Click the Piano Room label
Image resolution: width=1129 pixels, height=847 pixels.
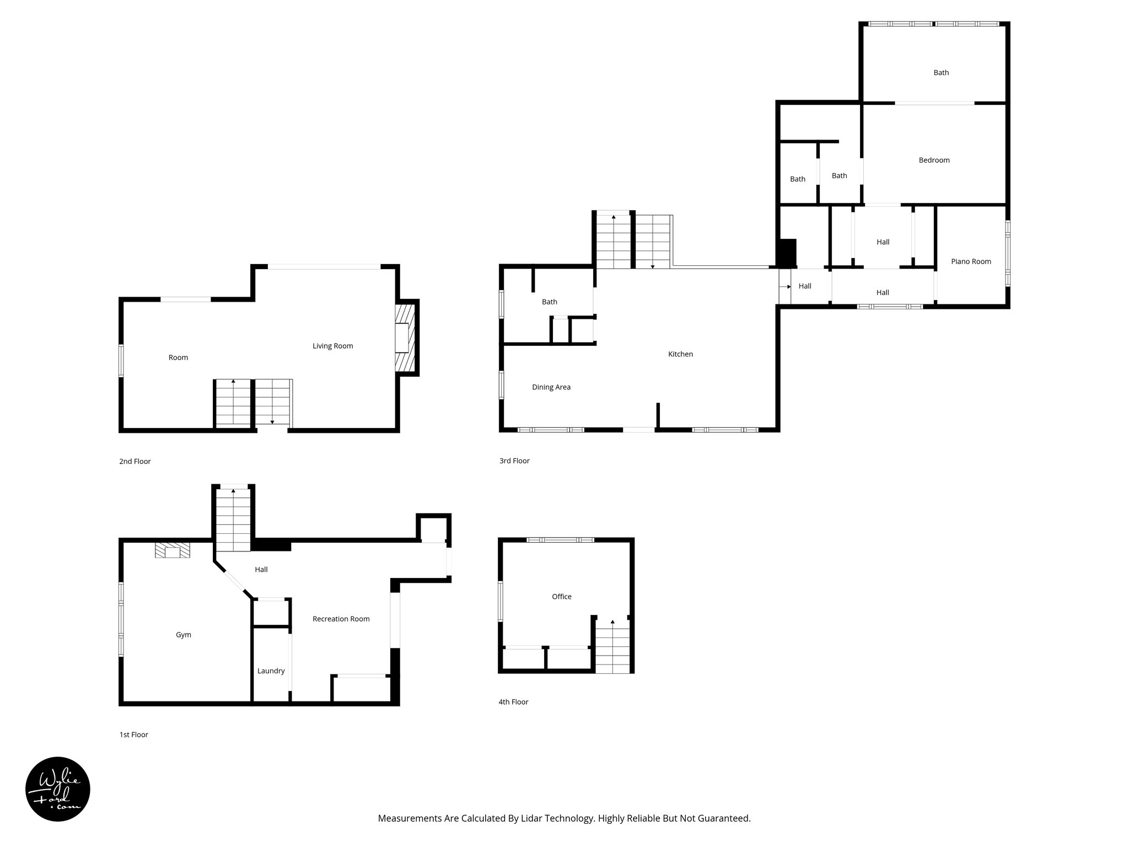pyautogui.click(x=971, y=261)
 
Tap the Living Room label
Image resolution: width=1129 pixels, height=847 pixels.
pyautogui.click(x=332, y=346)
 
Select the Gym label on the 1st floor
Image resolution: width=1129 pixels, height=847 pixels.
pyautogui.click(x=184, y=635)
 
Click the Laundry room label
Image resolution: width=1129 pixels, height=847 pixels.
pyautogui.click(x=271, y=671)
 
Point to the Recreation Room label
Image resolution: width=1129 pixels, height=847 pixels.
pyautogui.click(x=341, y=619)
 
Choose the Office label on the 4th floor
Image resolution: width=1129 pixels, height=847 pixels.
pyautogui.click(x=562, y=596)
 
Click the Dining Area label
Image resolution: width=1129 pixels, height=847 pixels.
pyautogui.click(x=551, y=387)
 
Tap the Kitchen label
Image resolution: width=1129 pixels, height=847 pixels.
pyautogui.click(x=680, y=354)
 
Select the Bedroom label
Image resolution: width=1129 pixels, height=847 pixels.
pyautogui.click(x=934, y=160)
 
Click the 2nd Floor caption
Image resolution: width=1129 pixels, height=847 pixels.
pyautogui.click(x=135, y=462)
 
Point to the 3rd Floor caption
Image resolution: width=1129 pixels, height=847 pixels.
pyautogui.click(x=514, y=461)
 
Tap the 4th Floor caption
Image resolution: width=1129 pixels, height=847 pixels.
pyautogui.click(x=513, y=702)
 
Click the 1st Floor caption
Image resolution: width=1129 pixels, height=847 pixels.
pyautogui.click(x=133, y=735)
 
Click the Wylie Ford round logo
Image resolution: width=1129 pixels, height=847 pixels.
pyautogui.click(x=58, y=789)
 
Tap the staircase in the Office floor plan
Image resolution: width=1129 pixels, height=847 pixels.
pyautogui.click(x=612, y=645)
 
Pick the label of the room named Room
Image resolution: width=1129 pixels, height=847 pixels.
pyautogui.click(x=178, y=357)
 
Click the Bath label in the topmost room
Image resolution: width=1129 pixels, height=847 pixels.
pyautogui.click(x=941, y=72)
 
